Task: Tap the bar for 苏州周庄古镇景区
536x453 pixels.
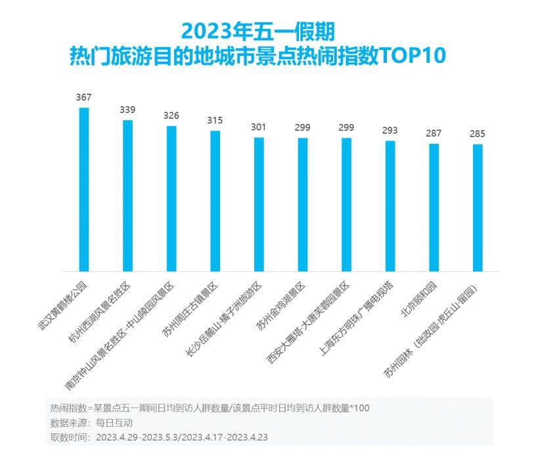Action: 215,201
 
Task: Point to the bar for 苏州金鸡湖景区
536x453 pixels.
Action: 302,204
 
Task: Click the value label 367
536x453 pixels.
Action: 83,97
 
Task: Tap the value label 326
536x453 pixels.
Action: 171,116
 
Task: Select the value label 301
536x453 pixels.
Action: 258,127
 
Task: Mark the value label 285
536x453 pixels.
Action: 478,134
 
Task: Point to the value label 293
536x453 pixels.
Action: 390,130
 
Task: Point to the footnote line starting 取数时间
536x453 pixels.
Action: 158,437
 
